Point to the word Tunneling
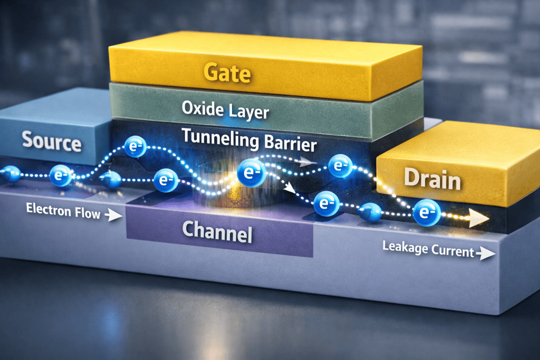[x=215, y=136]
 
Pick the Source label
[x=52, y=142]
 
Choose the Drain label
[x=432, y=178]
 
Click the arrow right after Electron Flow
[x=114, y=215]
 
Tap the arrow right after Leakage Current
[x=485, y=254]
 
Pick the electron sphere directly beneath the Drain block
[x=426, y=212]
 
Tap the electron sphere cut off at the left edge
[x=9, y=174]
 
